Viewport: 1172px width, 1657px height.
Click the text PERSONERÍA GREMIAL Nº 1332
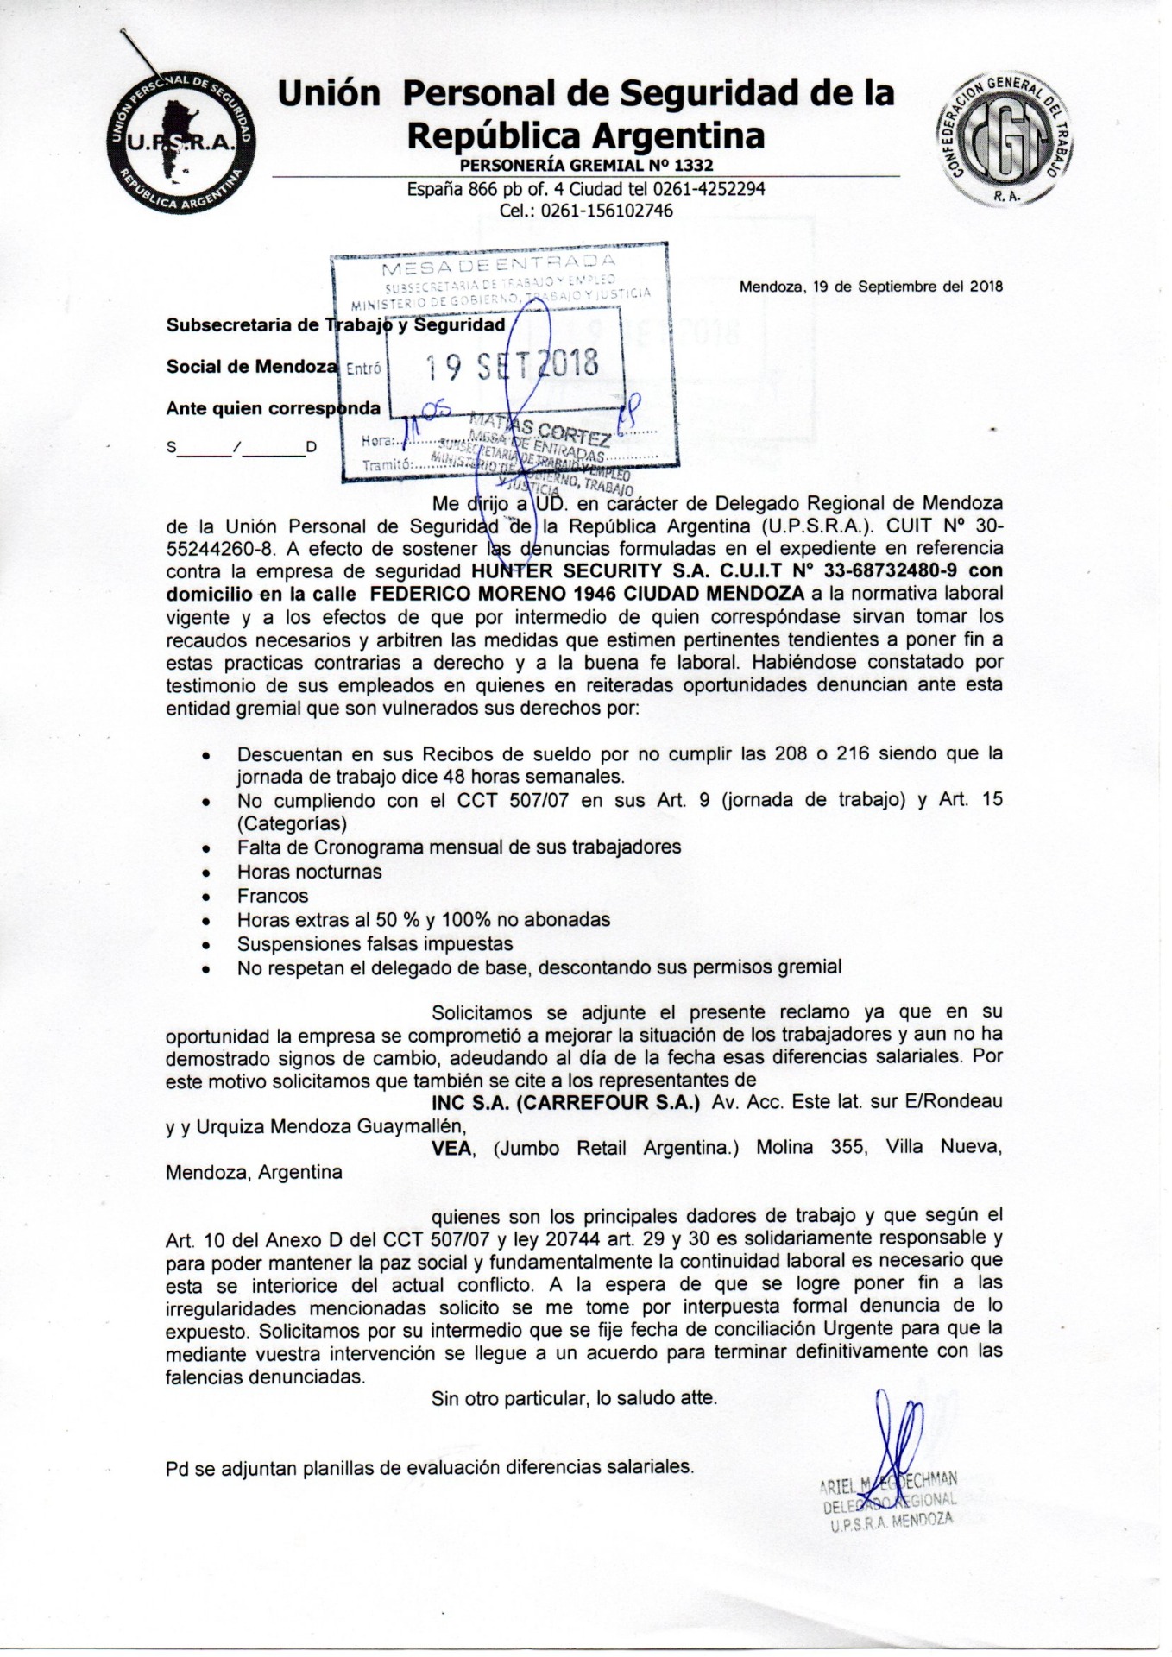point(586,165)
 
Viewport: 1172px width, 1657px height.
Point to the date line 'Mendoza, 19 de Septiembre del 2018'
point(871,287)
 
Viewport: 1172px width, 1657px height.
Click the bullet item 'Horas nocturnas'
point(309,872)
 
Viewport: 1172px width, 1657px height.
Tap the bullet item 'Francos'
point(273,896)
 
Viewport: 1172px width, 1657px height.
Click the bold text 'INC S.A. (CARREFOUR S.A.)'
point(565,1102)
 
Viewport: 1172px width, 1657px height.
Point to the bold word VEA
point(451,1149)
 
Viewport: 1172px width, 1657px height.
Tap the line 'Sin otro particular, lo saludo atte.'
point(574,1397)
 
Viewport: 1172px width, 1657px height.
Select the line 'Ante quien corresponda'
point(273,408)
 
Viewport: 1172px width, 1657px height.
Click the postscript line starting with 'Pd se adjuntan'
point(429,1466)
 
